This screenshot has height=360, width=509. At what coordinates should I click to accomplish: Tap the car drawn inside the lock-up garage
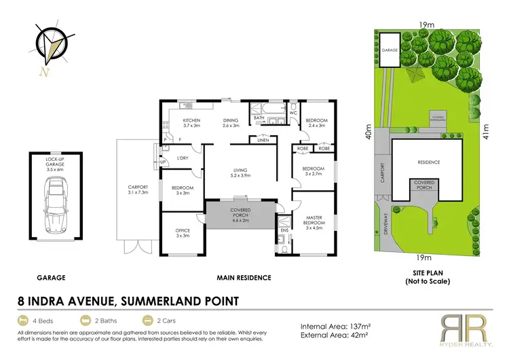click(x=56, y=204)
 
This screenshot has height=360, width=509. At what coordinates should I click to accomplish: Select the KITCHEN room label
click(x=191, y=122)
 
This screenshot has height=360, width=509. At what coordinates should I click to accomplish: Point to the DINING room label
click(x=232, y=122)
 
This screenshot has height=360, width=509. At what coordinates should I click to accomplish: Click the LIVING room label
click(x=242, y=173)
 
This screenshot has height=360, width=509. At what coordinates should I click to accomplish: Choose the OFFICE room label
click(x=183, y=232)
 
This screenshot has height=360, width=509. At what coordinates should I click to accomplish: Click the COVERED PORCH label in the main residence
click(x=241, y=217)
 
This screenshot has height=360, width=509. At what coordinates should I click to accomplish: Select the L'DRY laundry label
click(x=182, y=158)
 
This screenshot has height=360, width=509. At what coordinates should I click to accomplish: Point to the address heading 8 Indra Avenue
click(x=127, y=299)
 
